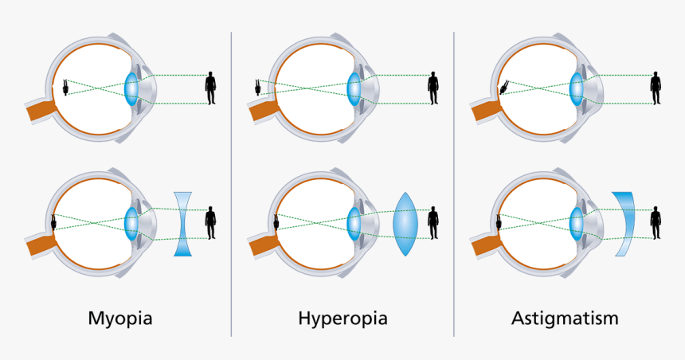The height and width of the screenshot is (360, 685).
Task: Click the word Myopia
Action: [x=119, y=319]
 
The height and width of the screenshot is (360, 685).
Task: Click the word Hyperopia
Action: [x=342, y=319]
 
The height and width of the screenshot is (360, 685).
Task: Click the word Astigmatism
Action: [x=565, y=319]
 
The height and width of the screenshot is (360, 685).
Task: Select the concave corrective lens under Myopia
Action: [x=183, y=223]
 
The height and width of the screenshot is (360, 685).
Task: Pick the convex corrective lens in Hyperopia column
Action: [x=407, y=223]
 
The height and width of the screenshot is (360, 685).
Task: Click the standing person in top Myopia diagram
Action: [x=211, y=88]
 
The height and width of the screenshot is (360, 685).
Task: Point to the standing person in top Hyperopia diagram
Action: [x=433, y=88]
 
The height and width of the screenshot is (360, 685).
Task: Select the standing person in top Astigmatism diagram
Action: [x=656, y=88]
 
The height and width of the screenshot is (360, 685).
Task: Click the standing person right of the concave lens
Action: [x=211, y=222]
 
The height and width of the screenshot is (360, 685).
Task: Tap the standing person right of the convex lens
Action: [x=433, y=222]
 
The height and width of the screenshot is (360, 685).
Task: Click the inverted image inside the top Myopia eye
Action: [x=65, y=88]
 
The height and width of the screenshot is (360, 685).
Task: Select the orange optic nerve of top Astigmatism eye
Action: [x=483, y=111]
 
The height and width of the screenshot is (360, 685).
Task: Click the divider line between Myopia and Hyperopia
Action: [x=231, y=183]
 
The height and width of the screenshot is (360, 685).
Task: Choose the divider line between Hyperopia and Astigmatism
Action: [x=454, y=183]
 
